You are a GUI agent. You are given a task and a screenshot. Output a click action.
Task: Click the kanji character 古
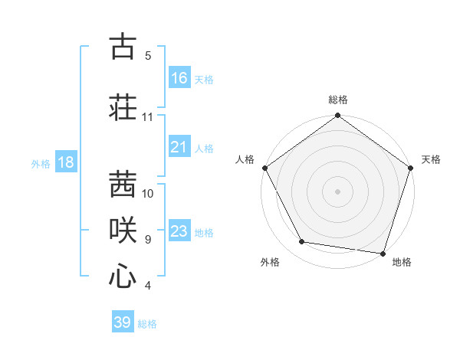[123, 48]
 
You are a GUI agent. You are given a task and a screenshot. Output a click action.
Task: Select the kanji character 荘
[123, 106]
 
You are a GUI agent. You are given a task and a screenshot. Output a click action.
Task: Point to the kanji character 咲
[123, 228]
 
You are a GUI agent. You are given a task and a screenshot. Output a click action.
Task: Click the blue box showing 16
[179, 78]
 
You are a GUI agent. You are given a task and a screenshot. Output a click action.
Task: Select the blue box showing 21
[179, 147]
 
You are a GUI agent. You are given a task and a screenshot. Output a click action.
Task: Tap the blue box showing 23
[179, 231]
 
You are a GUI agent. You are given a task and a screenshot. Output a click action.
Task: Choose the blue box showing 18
[65, 162]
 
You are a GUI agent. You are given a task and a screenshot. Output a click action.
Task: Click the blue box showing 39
[123, 322]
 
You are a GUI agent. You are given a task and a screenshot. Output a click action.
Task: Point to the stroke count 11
[148, 117]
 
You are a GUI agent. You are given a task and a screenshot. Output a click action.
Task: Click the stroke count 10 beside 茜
[148, 193]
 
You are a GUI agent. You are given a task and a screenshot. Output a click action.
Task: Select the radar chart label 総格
[338, 100]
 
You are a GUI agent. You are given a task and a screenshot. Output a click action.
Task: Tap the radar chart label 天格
[432, 159]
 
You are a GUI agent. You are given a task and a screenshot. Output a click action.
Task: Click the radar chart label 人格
[245, 159]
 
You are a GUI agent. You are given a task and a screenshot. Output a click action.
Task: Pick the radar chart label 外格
[270, 262]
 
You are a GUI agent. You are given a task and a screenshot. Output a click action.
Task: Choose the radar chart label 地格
[402, 262]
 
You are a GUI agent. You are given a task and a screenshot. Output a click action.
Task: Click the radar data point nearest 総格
[337, 116]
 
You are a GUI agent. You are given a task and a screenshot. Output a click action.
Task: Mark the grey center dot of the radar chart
[337, 191]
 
